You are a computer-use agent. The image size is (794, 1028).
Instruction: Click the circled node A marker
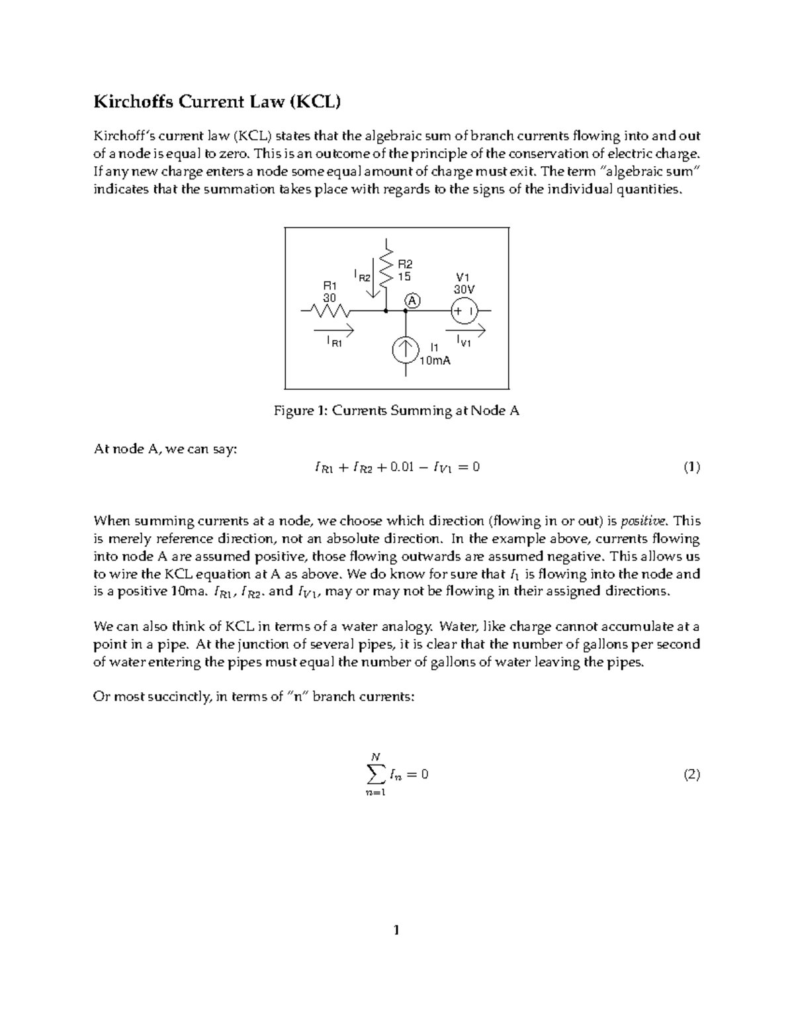(413, 301)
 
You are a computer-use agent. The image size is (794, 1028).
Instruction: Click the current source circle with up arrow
(405, 350)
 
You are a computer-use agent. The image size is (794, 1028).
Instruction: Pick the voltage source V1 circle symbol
(465, 310)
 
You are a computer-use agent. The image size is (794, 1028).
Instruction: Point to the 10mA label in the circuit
(435, 361)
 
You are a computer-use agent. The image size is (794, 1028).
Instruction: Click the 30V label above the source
(464, 289)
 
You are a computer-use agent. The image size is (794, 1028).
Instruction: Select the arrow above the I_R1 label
(334, 329)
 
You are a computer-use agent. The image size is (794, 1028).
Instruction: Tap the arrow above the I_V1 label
(466, 329)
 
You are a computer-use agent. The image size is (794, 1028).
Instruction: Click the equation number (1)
(691, 467)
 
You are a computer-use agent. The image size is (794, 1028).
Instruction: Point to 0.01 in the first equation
(403, 467)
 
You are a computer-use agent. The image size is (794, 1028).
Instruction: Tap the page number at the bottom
(396, 931)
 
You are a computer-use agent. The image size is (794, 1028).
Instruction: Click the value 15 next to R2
(404, 277)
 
